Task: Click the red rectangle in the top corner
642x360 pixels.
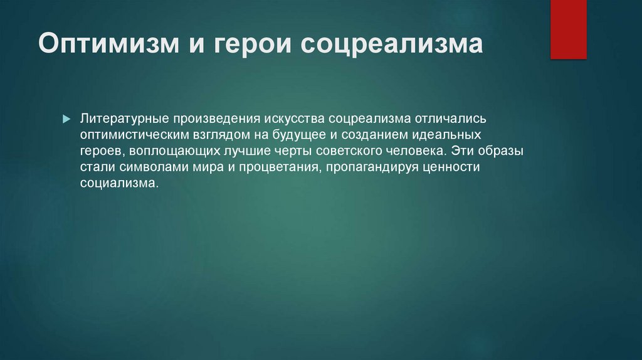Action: [568, 29]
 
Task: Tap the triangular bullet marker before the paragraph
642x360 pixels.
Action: [66, 119]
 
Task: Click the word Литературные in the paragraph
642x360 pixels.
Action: [125, 119]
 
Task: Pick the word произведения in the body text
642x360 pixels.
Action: [216, 119]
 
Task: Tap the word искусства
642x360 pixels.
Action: [295, 119]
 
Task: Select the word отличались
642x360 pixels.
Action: [450, 119]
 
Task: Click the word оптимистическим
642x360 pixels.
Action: [134, 135]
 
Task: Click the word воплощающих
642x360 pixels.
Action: [174, 151]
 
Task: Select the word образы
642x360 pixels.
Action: [500, 151]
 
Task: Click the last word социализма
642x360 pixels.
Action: [119, 183]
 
